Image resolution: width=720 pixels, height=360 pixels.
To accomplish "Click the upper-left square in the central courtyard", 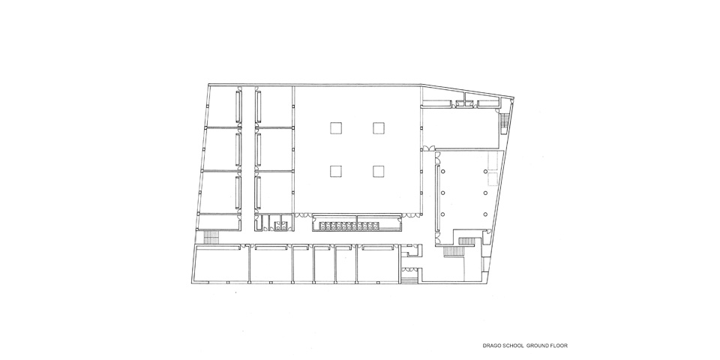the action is coord(336,127).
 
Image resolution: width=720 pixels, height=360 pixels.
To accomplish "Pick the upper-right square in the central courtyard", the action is coord(378,127).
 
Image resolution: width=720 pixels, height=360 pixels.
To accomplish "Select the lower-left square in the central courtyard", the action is coord(336,171).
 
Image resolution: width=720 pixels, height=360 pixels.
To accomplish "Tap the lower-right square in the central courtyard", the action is coord(378,171).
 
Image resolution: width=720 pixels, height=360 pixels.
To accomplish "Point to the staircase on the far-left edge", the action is coord(211,237).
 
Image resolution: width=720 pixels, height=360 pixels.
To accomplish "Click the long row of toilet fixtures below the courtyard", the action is coord(349,226).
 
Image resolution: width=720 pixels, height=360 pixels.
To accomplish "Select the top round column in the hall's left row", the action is coord(442,172).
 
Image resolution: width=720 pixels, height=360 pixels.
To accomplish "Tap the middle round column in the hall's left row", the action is coord(442,193).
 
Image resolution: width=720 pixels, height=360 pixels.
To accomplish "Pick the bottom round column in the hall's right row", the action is coord(485,214).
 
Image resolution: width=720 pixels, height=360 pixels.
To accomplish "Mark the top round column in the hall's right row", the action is coord(485,172).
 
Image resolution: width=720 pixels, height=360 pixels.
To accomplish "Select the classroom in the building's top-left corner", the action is coord(223,106).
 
